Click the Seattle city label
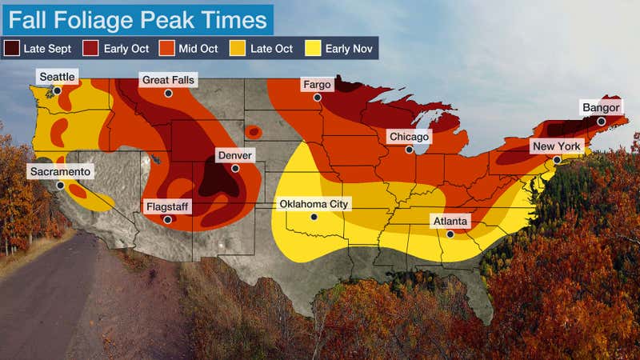(x=57, y=77)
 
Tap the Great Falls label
(x=168, y=80)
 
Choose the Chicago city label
(x=409, y=137)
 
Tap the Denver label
(x=234, y=154)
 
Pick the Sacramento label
(x=61, y=171)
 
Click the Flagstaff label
(x=167, y=206)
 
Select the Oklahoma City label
(x=314, y=204)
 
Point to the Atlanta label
(x=450, y=221)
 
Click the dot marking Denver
(x=235, y=168)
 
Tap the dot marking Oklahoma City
(x=314, y=217)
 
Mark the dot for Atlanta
(x=450, y=234)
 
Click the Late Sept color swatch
(x=13, y=49)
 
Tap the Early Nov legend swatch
(x=313, y=49)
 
